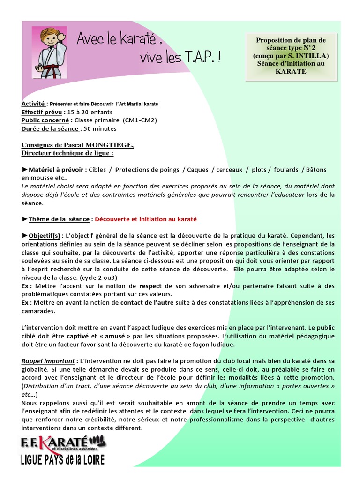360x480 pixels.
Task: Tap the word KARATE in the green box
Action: (291, 72)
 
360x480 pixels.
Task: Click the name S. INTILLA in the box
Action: (311, 56)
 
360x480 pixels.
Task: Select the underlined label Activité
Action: (33, 103)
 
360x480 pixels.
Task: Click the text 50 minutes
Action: (100, 128)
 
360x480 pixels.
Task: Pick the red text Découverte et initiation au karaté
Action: (146, 219)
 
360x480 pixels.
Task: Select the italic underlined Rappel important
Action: (48, 361)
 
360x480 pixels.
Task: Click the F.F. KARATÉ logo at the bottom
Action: (63, 442)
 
